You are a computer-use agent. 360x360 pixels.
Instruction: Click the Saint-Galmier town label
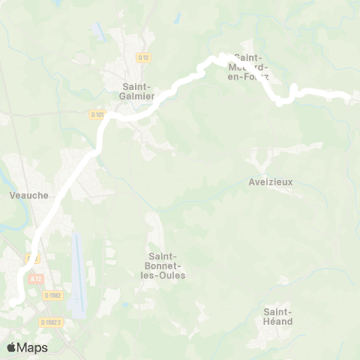[138, 91]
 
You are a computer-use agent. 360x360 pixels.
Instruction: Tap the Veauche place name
[29, 195]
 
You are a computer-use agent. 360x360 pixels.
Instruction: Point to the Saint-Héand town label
[277, 316]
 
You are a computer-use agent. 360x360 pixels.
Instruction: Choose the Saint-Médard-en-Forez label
[252, 67]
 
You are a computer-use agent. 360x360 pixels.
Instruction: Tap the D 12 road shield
[144, 57]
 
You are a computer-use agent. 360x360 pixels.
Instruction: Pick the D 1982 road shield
[52, 295]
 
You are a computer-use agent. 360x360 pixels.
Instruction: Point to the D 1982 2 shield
[50, 322]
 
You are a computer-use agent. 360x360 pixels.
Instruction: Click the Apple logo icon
[11, 347]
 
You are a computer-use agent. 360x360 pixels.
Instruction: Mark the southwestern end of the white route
[13, 302]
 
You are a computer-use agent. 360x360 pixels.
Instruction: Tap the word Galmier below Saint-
[138, 95]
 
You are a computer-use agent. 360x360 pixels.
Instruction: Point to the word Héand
[277, 321]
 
